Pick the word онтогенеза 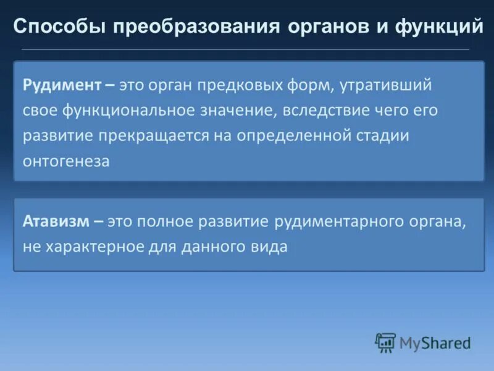point(66,161)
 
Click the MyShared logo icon point(385,342)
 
